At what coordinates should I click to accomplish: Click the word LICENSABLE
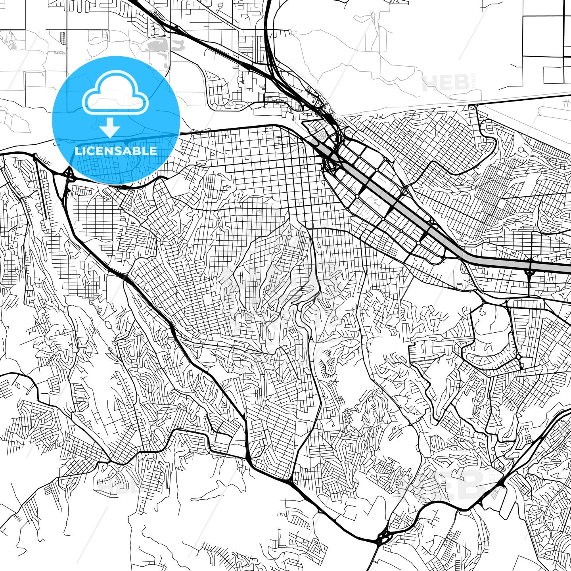(116, 151)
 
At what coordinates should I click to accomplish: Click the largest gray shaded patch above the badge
(159, 46)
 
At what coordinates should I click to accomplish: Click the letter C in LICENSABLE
(90, 151)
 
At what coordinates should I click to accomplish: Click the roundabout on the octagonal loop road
(519, 357)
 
